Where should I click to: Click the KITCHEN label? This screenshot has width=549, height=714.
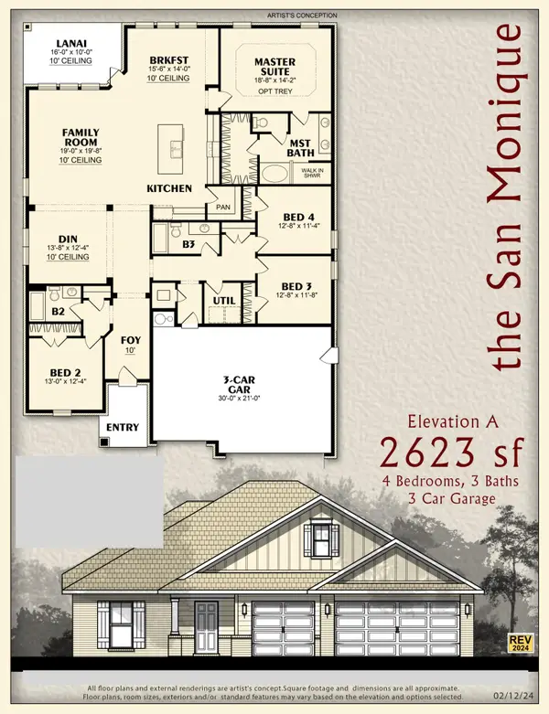[170, 188]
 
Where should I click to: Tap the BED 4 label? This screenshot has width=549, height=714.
[300, 217]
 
